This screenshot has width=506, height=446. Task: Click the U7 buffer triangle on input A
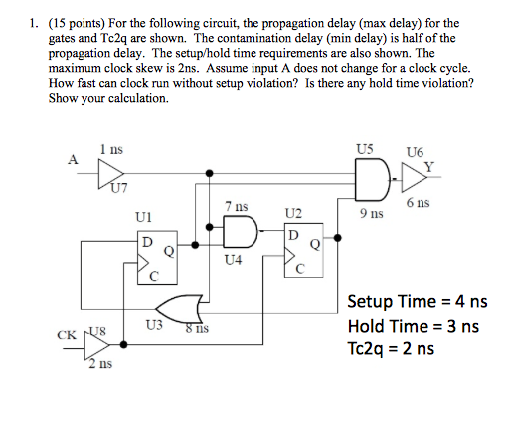point(110,174)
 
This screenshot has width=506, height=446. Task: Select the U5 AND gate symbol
point(372,179)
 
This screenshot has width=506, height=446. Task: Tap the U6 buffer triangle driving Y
point(414,177)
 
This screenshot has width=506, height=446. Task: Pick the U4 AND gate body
point(241,232)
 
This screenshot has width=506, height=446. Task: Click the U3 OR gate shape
point(179,309)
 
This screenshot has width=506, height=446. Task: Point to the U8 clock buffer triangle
point(96,345)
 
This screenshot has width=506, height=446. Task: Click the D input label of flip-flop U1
point(147,242)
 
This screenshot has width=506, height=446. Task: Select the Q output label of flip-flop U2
point(315,245)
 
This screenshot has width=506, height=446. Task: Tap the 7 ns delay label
point(237,206)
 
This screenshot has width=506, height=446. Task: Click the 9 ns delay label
point(372,214)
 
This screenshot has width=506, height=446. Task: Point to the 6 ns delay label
point(419,202)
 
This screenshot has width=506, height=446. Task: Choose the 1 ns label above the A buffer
point(111,149)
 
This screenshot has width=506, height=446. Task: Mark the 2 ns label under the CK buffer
point(100,364)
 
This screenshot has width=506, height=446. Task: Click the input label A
point(73,160)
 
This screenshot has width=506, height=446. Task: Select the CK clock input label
point(67,335)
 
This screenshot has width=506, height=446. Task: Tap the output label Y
point(429,167)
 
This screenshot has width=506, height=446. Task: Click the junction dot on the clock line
point(123,345)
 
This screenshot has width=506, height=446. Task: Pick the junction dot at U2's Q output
point(337,238)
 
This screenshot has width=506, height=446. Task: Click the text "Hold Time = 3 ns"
point(414,326)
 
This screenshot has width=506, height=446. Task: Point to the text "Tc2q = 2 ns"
point(391,349)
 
